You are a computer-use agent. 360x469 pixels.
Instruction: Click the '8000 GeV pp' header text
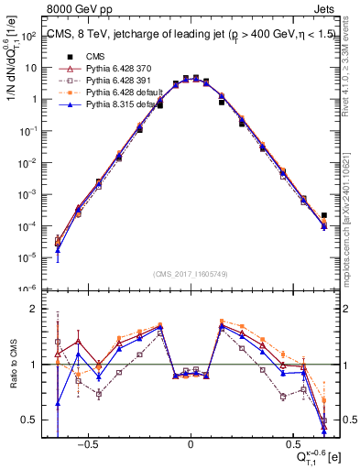pyautogui.click(x=71, y=8)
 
